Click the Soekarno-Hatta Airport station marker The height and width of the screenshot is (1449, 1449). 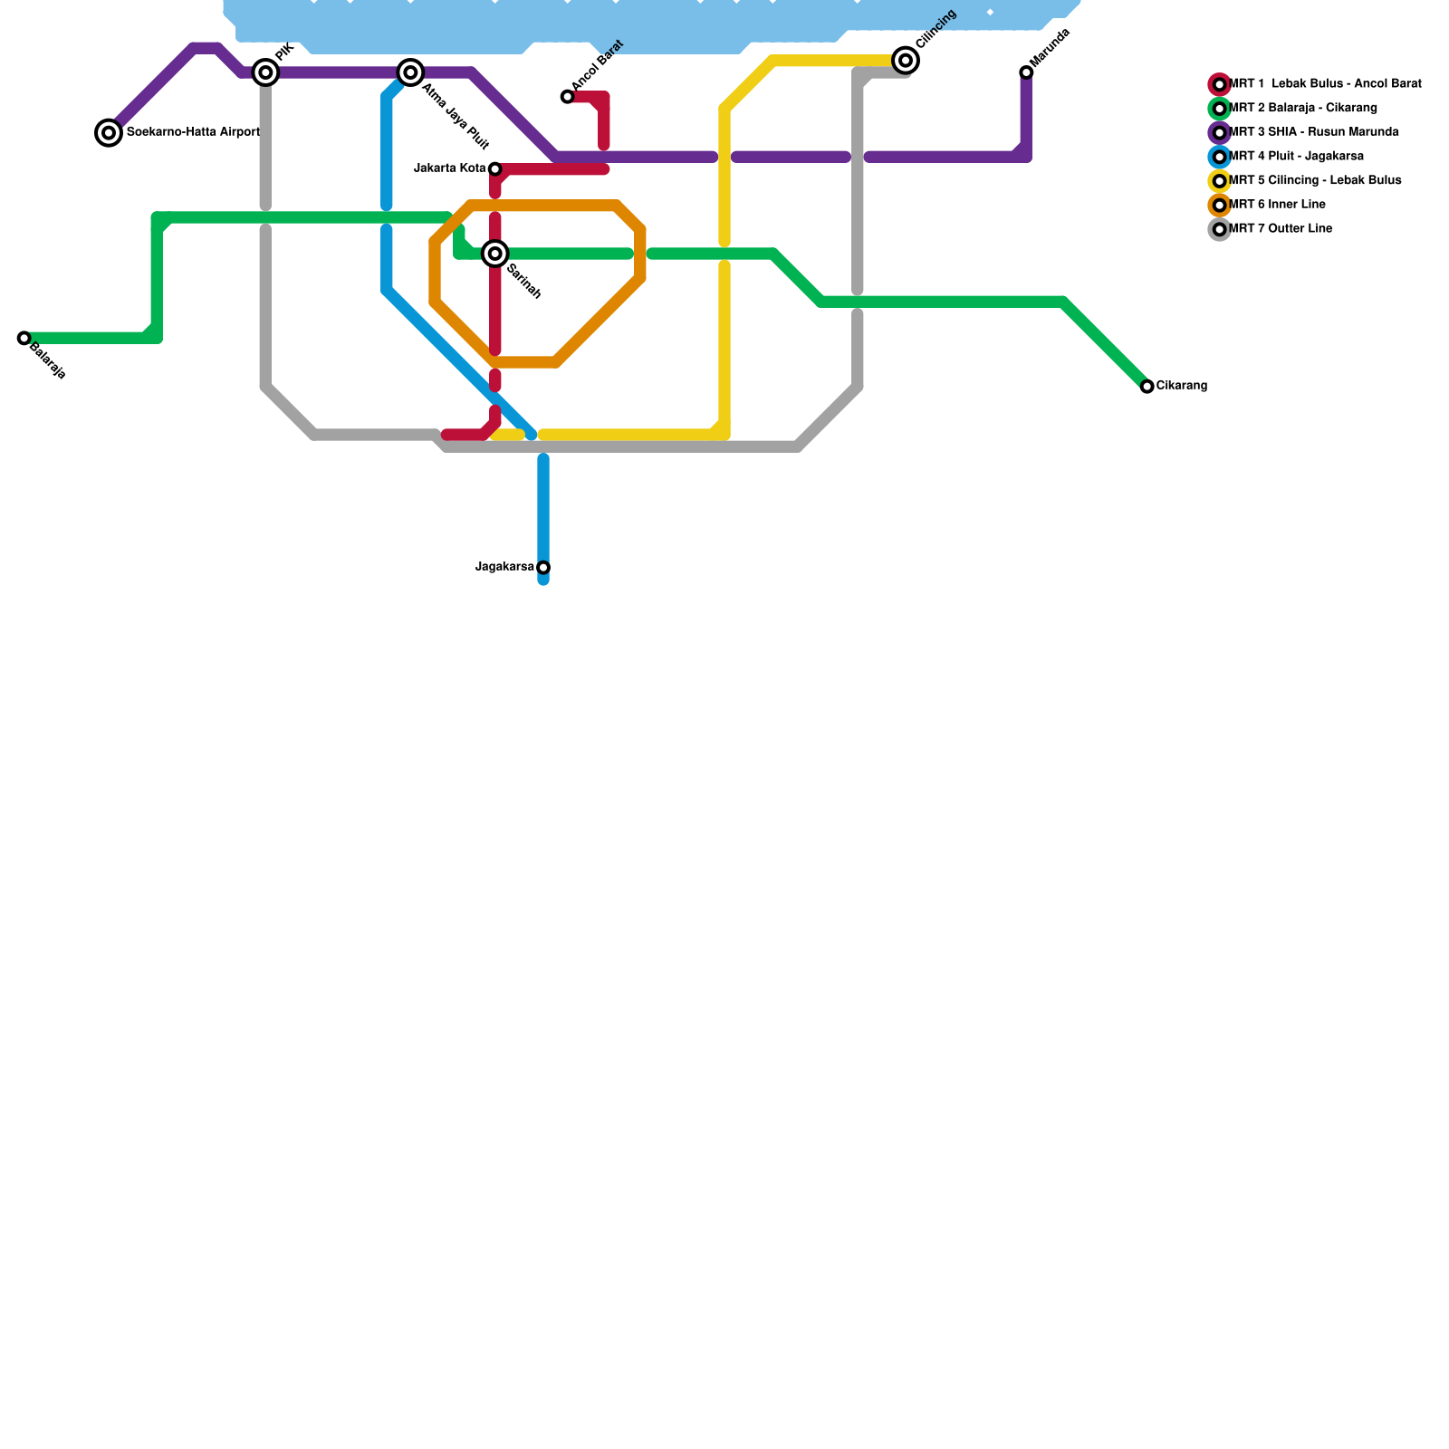[x=109, y=133]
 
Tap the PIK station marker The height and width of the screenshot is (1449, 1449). [x=265, y=72]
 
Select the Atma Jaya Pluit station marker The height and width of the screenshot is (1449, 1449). [x=411, y=72]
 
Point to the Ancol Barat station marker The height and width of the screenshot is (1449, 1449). [x=567, y=97]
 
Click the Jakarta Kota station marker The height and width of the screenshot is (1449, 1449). [x=495, y=169]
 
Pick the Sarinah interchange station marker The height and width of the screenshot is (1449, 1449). [x=495, y=254]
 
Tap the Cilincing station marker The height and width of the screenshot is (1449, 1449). [x=906, y=61]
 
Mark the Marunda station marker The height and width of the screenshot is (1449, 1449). [x=1026, y=72]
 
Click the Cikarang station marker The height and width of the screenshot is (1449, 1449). [x=1147, y=387]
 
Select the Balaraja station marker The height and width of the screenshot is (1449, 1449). [x=24, y=339]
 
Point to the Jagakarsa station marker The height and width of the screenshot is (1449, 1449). [x=543, y=568]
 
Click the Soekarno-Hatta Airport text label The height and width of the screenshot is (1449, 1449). [x=193, y=133]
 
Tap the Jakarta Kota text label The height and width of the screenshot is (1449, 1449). [x=450, y=168]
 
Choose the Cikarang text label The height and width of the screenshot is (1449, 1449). [x=1182, y=387]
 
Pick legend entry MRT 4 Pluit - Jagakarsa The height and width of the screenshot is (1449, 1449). [x=1295, y=157]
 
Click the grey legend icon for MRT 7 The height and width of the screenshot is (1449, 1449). [x=1220, y=229]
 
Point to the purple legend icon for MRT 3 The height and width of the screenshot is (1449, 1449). [x=1220, y=133]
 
